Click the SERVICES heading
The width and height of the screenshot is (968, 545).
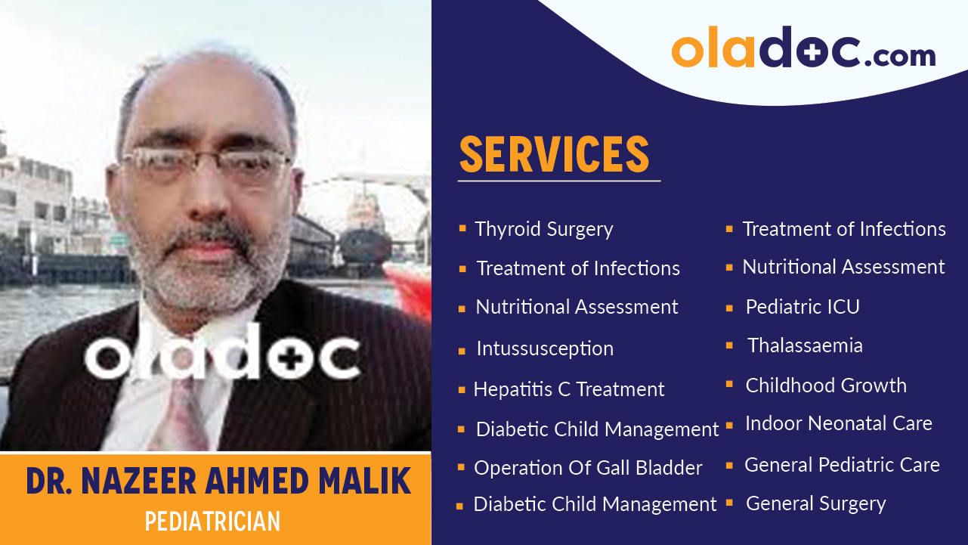[x=554, y=154]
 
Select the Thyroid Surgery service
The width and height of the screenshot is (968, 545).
[x=543, y=229]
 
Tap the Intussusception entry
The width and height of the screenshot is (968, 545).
[x=544, y=348]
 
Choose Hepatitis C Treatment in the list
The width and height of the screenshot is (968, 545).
[x=568, y=389]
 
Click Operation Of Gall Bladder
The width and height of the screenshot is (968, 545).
[x=588, y=468]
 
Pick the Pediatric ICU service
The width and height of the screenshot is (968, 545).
[x=802, y=307]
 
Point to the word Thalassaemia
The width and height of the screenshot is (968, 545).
[x=805, y=345]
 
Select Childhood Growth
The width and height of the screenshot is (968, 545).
[x=825, y=386]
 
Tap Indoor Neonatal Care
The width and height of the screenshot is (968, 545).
[x=838, y=423]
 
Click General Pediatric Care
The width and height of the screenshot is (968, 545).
[x=842, y=465]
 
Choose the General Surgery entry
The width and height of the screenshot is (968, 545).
[x=815, y=503]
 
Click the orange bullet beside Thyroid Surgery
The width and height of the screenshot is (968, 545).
[x=462, y=228]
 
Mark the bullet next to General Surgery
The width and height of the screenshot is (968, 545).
[x=729, y=502]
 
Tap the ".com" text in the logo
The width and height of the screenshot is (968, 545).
[x=900, y=56]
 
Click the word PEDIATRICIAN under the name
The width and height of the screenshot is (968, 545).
[x=212, y=521]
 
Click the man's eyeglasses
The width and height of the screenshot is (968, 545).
[x=206, y=164]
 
